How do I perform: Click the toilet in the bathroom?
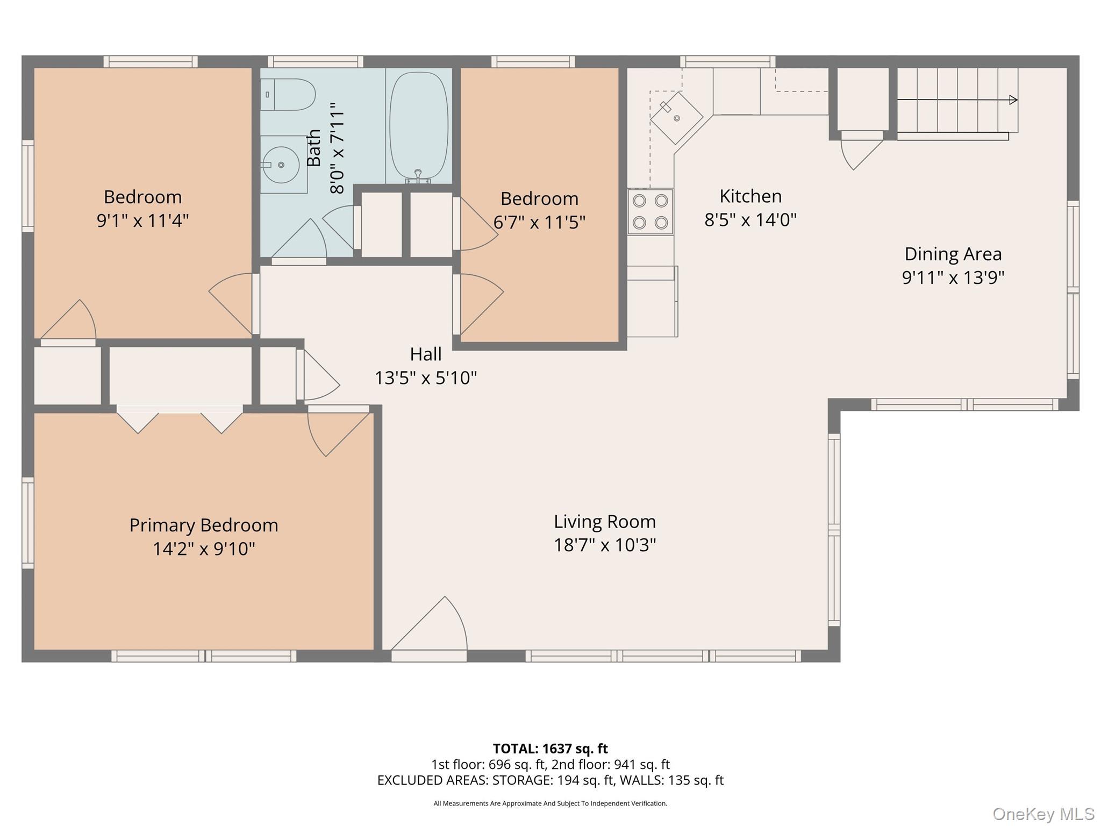pos(288,95)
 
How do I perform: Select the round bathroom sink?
pos(281,165)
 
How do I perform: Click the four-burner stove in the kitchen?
pos(650,211)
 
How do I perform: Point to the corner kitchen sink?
pos(677,118)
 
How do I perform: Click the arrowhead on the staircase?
pos(1013,99)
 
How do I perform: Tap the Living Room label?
pos(605,522)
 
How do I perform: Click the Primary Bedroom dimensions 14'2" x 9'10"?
pos(204,549)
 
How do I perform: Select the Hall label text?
pos(426,354)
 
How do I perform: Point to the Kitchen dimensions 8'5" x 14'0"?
pos(750,219)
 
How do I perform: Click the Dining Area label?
pos(953,254)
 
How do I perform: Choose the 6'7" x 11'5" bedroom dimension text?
pos(539,222)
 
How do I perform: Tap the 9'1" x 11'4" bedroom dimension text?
pos(142,220)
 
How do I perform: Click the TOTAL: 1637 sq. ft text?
pos(550,749)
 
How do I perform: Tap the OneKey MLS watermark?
pos(1043,814)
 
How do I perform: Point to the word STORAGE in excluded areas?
pos(514,780)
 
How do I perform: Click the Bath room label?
pos(314,148)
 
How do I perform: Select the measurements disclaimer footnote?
pos(550,803)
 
